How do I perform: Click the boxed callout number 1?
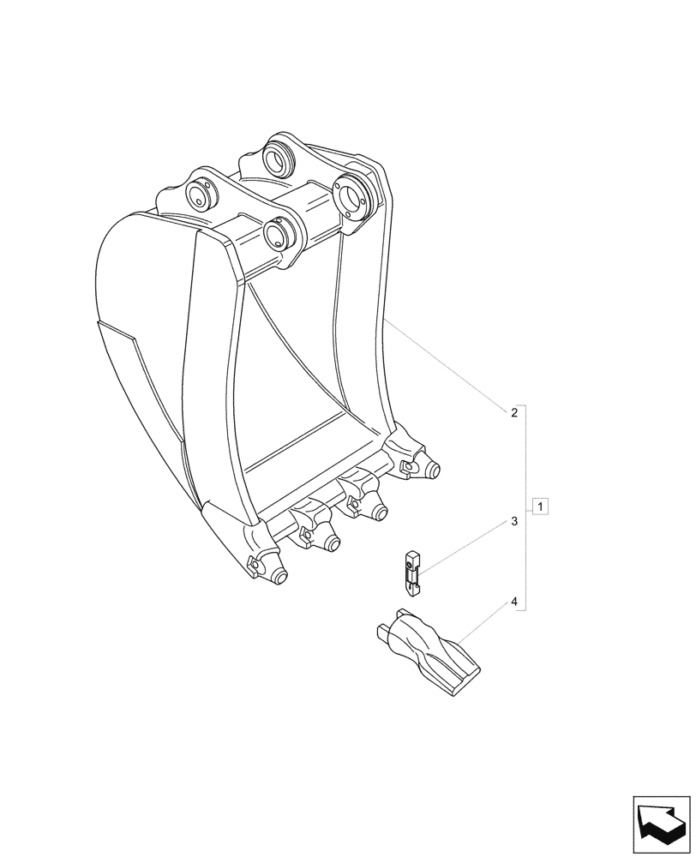539,505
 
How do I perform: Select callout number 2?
513,413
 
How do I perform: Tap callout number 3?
513,520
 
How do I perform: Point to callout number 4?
513,602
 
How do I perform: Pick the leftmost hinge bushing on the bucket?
200,195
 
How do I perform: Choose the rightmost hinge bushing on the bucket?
354,195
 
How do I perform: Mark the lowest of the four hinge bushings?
279,232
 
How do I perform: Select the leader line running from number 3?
463,545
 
